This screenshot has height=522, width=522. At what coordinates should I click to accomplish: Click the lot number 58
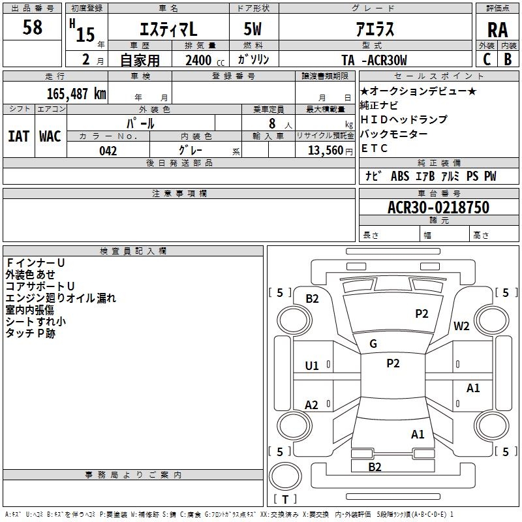point(32,28)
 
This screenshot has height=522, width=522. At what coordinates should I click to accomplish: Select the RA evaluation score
point(497,30)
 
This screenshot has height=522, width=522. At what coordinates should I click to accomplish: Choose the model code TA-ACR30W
point(375,60)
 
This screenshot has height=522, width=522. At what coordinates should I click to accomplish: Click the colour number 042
point(108,151)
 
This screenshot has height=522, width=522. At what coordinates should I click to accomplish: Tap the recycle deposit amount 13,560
point(324,151)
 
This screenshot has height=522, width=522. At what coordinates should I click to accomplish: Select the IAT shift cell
point(18,136)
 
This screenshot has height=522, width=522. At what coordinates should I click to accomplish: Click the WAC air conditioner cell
point(50,136)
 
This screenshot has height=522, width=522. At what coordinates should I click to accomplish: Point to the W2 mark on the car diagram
point(462,326)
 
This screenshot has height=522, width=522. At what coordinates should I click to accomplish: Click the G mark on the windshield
point(373,344)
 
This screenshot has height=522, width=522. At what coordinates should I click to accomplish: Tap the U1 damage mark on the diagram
point(312,366)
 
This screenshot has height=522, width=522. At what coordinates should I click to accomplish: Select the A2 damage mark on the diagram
point(312,405)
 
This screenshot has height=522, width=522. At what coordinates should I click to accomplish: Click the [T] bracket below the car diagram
point(284,500)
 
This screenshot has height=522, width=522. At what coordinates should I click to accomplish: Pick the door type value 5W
point(253,30)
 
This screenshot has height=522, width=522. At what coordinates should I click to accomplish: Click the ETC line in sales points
point(375,148)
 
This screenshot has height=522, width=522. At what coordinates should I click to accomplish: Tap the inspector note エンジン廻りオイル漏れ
point(61,298)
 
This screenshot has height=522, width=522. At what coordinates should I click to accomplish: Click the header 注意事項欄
point(179,194)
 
